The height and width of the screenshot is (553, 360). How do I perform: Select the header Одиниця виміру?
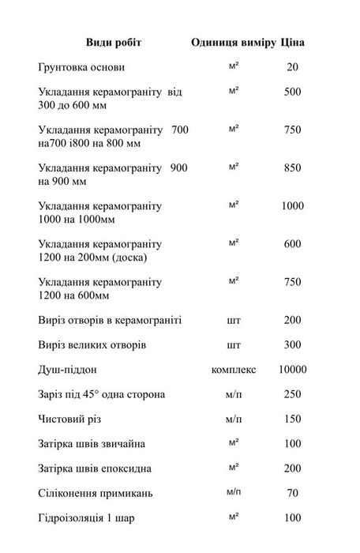point(233,42)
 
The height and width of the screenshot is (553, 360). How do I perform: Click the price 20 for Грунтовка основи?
point(292,68)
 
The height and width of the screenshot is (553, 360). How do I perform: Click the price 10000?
point(292,369)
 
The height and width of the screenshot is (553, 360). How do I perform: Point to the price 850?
point(292,168)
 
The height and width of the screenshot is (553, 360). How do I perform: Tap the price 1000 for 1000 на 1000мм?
point(292,206)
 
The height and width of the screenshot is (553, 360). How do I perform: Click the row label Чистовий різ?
point(73,418)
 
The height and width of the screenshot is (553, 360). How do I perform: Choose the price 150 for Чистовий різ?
point(292,418)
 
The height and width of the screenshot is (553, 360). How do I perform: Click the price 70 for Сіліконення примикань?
point(292,492)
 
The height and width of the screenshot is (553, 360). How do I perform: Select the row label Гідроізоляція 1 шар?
point(86,517)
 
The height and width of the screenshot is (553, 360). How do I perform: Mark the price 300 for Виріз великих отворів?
point(292,345)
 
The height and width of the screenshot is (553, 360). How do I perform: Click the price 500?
point(292,92)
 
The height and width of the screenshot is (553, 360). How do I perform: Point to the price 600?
point(292,244)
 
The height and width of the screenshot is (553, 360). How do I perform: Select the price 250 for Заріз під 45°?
point(292,393)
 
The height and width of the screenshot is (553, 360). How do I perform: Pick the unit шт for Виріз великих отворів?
point(233,345)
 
